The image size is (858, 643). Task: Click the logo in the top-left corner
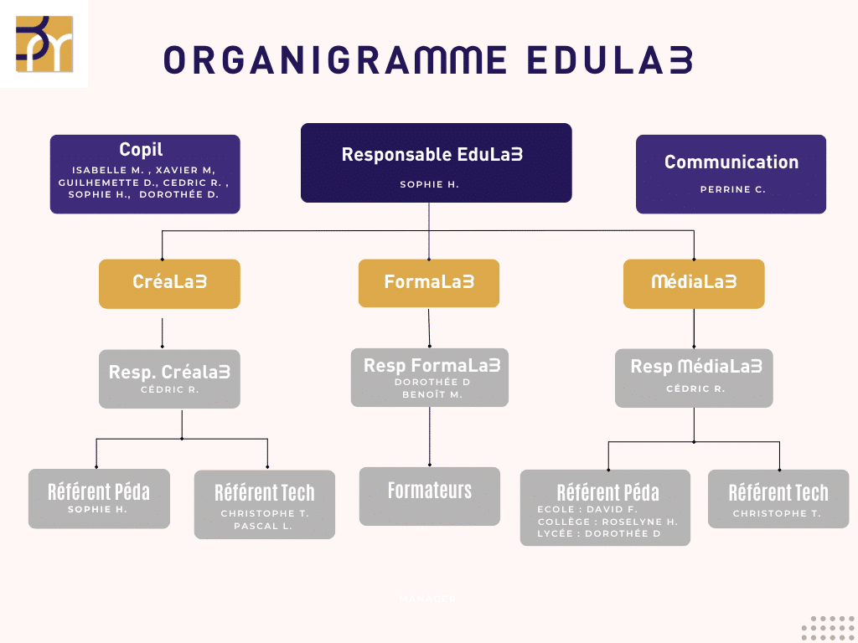pyautogui.click(x=44, y=44)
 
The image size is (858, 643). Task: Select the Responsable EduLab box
pyautogui.click(x=436, y=162)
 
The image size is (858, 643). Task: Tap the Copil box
pyautogui.click(x=145, y=174)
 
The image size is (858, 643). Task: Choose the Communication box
pyautogui.click(x=731, y=174)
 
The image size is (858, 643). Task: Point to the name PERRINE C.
pyautogui.click(x=732, y=190)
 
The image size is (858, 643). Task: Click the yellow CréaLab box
pyautogui.click(x=169, y=283)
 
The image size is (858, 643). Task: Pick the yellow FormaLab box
pyautogui.click(x=429, y=283)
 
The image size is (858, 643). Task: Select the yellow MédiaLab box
pyautogui.click(x=694, y=283)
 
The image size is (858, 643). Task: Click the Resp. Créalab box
pyautogui.click(x=169, y=378)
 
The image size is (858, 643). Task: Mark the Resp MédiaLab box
pyautogui.click(x=694, y=378)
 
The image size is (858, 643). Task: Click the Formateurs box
pyautogui.click(x=429, y=496)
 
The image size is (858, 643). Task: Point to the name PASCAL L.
pyautogui.click(x=265, y=526)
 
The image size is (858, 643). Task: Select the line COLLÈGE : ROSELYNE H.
pyautogui.click(x=607, y=522)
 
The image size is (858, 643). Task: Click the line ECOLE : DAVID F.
pyautogui.click(x=587, y=509)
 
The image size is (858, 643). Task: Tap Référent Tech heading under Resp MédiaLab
pyautogui.click(x=778, y=492)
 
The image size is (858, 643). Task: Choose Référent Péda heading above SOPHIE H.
pyautogui.click(x=98, y=491)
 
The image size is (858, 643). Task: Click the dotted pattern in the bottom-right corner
pyautogui.click(x=827, y=628)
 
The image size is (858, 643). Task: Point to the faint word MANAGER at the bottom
pyautogui.click(x=427, y=599)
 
